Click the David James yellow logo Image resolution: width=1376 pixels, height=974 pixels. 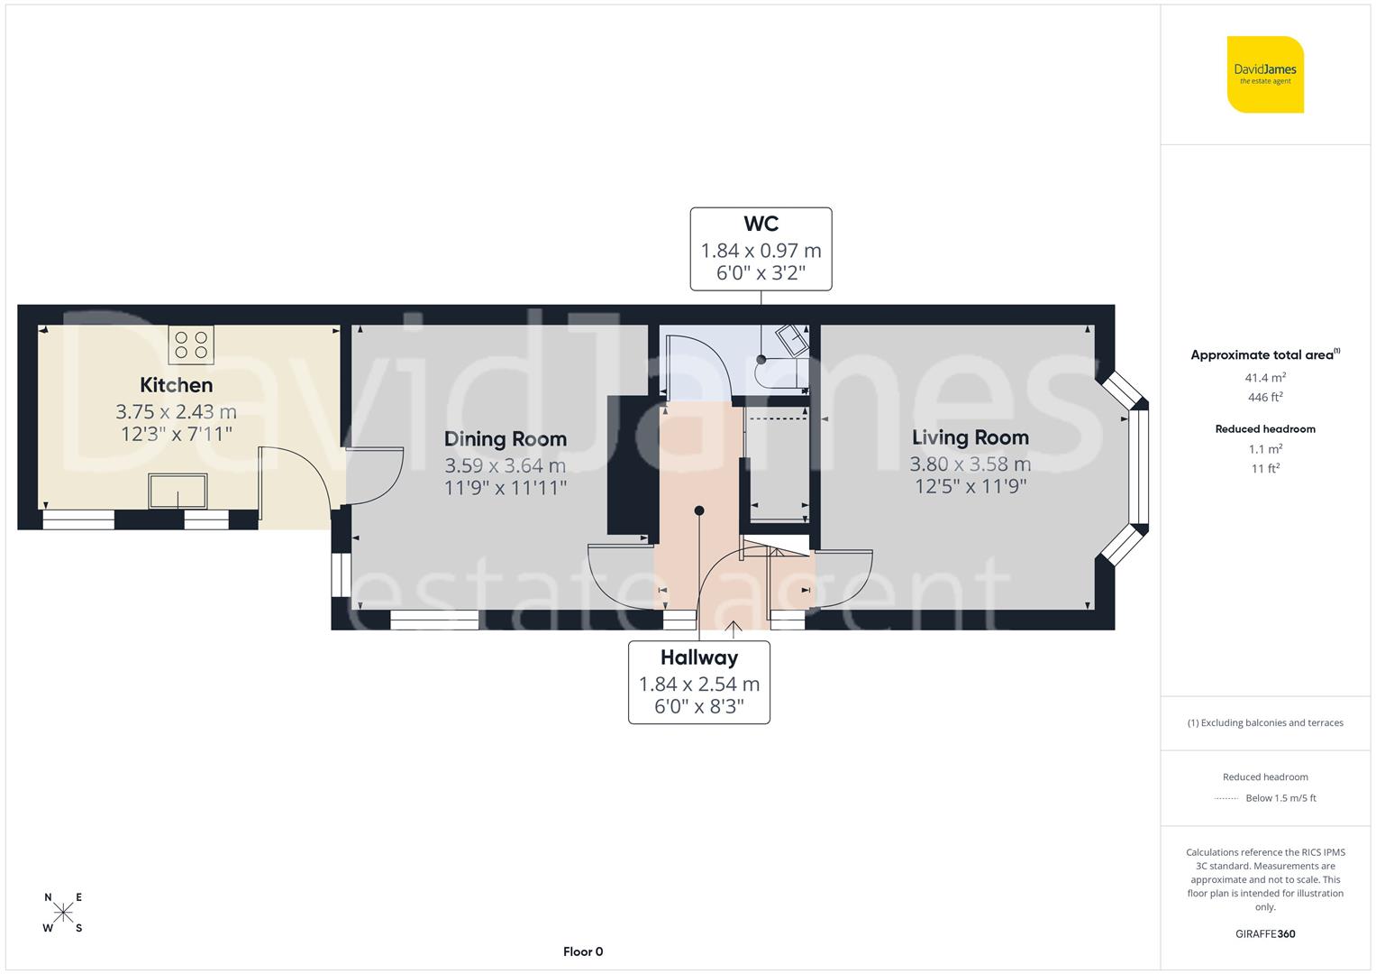[x=1265, y=74]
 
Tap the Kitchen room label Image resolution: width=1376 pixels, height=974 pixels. [x=177, y=385]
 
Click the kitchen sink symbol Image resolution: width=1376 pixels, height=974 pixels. [x=178, y=492]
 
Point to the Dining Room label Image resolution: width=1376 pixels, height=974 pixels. [x=505, y=439]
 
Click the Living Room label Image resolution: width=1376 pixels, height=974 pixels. [x=970, y=437]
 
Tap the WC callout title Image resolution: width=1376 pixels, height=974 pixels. [x=761, y=224]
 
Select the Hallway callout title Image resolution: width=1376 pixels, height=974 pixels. [x=698, y=657]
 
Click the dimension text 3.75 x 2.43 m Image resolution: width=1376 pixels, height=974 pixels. [x=177, y=412]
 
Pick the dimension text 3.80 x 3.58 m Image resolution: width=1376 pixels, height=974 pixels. [x=970, y=464]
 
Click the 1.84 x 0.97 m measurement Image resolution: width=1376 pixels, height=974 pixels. [x=761, y=251]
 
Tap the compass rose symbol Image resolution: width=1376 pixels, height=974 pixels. [x=63, y=913]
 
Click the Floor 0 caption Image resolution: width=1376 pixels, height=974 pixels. [x=582, y=951]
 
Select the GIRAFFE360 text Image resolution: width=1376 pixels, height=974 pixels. [x=1265, y=933]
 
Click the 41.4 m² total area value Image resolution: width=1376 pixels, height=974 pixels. [x=1265, y=378]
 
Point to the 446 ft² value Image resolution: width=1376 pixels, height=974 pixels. [x=1265, y=397]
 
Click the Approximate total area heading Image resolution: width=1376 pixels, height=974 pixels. [x=1264, y=355]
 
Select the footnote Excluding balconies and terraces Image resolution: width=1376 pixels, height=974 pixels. [x=1265, y=722]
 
